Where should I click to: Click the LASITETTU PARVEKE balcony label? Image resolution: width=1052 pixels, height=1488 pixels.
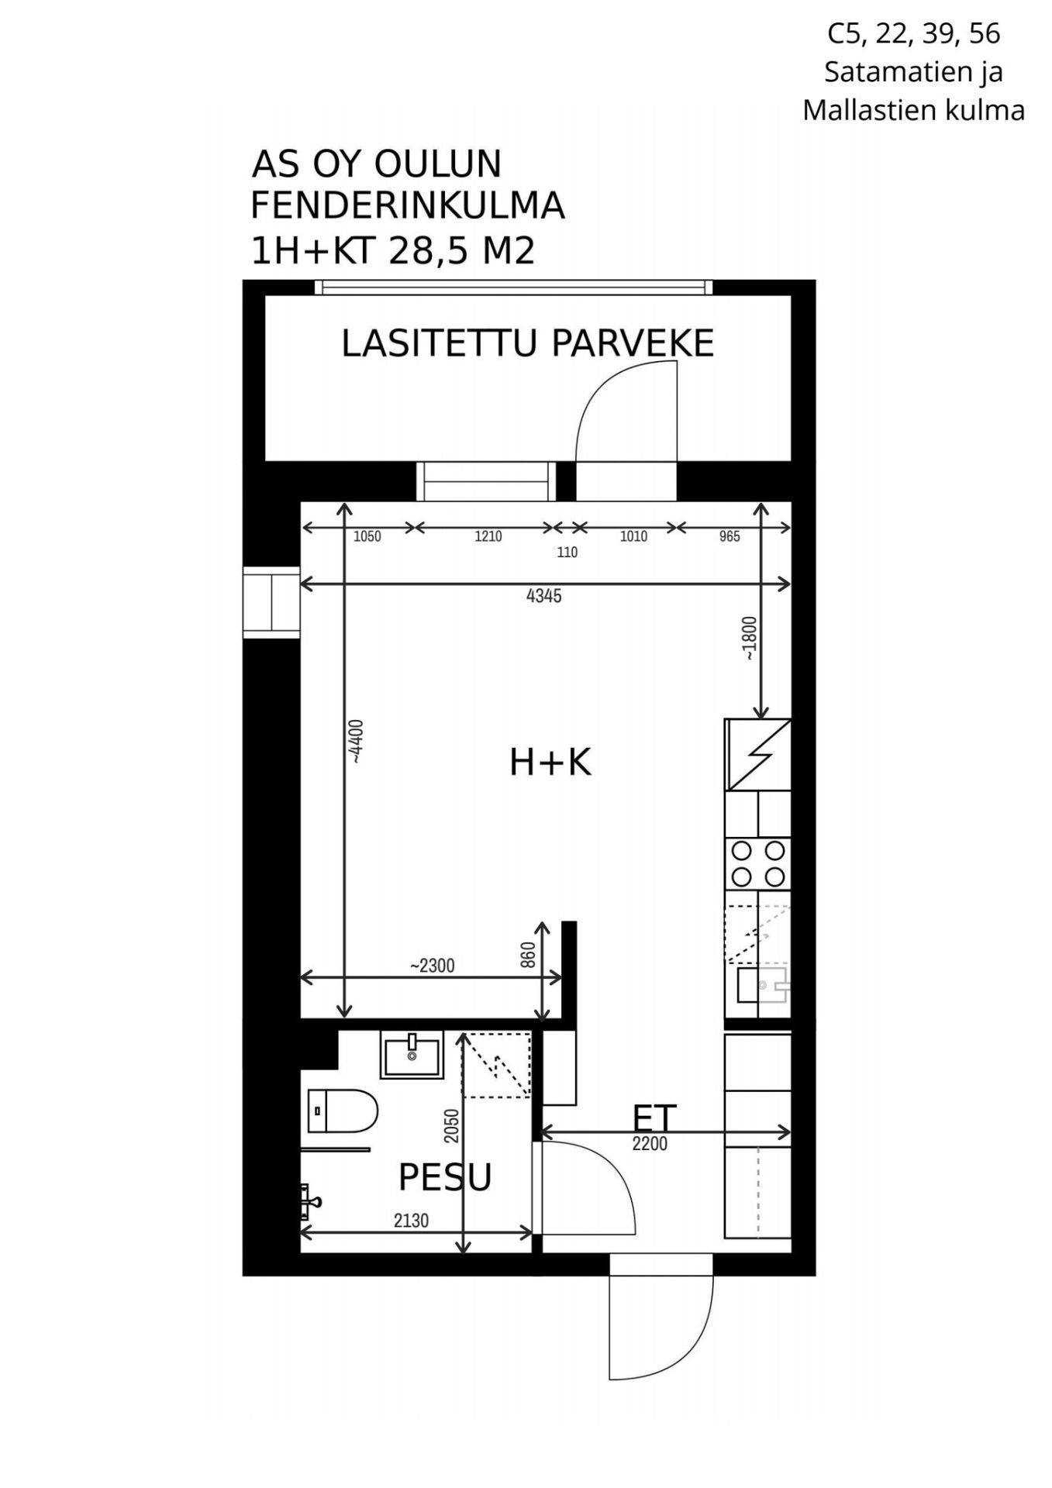pyautogui.click(x=527, y=343)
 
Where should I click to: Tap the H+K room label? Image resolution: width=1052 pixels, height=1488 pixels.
pyautogui.click(x=550, y=762)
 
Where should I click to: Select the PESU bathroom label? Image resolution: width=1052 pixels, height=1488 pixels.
pyautogui.click(x=445, y=1176)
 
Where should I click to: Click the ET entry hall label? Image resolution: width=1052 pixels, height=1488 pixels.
pyautogui.click(x=655, y=1118)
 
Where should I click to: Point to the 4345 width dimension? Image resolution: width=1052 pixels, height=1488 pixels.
pyautogui.click(x=543, y=596)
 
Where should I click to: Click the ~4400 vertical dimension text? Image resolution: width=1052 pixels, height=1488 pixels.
pyautogui.click(x=357, y=742)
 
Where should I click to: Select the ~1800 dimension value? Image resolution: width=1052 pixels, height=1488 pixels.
pyautogui.click(x=750, y=639)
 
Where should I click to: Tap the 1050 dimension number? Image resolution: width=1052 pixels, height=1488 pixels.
pyautogui.click(x=367, y=536)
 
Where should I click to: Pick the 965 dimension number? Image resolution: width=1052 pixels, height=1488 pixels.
pyautogui.click(x=730, y=536)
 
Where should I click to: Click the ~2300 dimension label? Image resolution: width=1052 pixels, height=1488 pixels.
pyautogui.click(x=433, y=966)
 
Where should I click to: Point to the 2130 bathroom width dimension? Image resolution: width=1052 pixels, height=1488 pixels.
pyautogui.click(x=411, y=1221)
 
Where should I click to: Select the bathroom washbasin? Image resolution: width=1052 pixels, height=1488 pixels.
pyautogui.click(x=412, y=1054)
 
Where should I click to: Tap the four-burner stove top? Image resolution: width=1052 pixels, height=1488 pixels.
pyautogui.click(x=757, y=863)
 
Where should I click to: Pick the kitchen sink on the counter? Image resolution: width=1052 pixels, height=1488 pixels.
pyautogui.click(x=762, y=984)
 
